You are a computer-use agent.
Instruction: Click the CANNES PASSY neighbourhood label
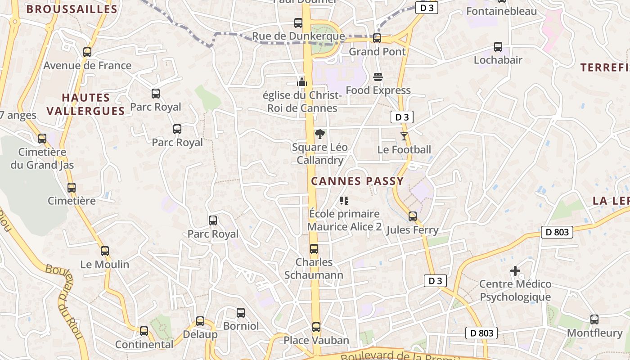pyautogui.click(x=357, y=181)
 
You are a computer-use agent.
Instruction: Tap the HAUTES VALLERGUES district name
pyautogui.click(x=85, y=104)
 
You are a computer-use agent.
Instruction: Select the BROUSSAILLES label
pyautogui.click(x=72, y=9)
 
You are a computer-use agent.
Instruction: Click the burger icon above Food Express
pyautogui.click(x=378, y=77)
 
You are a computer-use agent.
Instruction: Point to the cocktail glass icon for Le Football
pyautogui.click(x=404, y=136)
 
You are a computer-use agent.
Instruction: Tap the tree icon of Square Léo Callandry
pyautogui.click(x=319, y=134)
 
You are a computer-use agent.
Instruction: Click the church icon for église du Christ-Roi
pyautogui.click(x=301, y=81)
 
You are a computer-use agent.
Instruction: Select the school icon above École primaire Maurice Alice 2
pyautogui.click(x=344, y=200)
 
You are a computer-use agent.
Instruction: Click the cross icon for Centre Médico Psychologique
pyautogui.click(x=515, y=271)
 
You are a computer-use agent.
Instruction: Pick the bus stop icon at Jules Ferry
pyautogui.click(x=413, y=216)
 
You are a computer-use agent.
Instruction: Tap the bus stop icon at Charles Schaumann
pyautogui.click(x=314, y=249)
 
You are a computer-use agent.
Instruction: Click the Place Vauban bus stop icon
pyautogui.click(x=316, y=327)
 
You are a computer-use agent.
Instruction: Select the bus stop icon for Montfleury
pyautogui.click(x=594, y=319)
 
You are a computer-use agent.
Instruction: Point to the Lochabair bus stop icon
pyautogui.click(x=498, y=46)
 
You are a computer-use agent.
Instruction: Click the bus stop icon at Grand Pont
pyautogui.click(x=377, y=38)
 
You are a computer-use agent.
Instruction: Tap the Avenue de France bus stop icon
pyautogui.click(x=87, y=52)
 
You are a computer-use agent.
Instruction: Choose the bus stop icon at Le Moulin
pyautogui.click(x=105, y=251)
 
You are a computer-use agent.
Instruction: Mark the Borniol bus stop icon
pyautogui.click(x=241, y=313)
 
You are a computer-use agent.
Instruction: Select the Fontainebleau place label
pyautogui.click(x=502, y=11)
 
